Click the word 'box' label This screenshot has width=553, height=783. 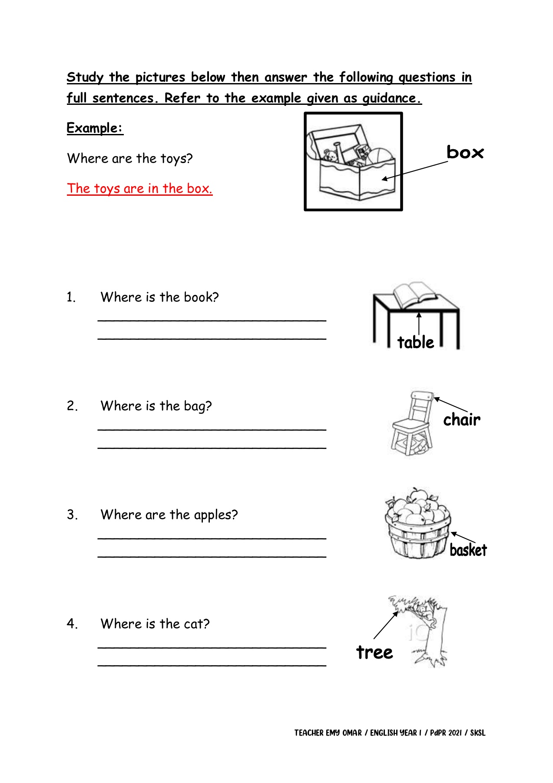(464, 152)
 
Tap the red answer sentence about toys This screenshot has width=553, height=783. (139, 188)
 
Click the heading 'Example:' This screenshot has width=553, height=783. (95, 128)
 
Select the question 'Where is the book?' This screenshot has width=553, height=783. (159, 297)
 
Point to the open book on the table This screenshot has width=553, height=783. (414, 294)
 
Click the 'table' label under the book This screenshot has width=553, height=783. (415, 342)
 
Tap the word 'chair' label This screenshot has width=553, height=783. (462, 420)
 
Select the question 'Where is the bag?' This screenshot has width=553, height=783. (156, 406)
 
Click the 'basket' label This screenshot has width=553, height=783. (468, 550)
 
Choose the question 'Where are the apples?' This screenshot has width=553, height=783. (169, 515)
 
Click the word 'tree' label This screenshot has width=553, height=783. (374, 652)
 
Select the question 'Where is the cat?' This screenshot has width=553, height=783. (155, 624)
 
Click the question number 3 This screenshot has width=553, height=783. (72, 515)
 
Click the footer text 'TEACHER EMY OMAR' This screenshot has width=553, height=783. (328, 733)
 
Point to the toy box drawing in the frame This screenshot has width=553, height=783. (353, 163)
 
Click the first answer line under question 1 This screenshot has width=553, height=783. (212, 320)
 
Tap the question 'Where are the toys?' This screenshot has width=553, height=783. (129, 158)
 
